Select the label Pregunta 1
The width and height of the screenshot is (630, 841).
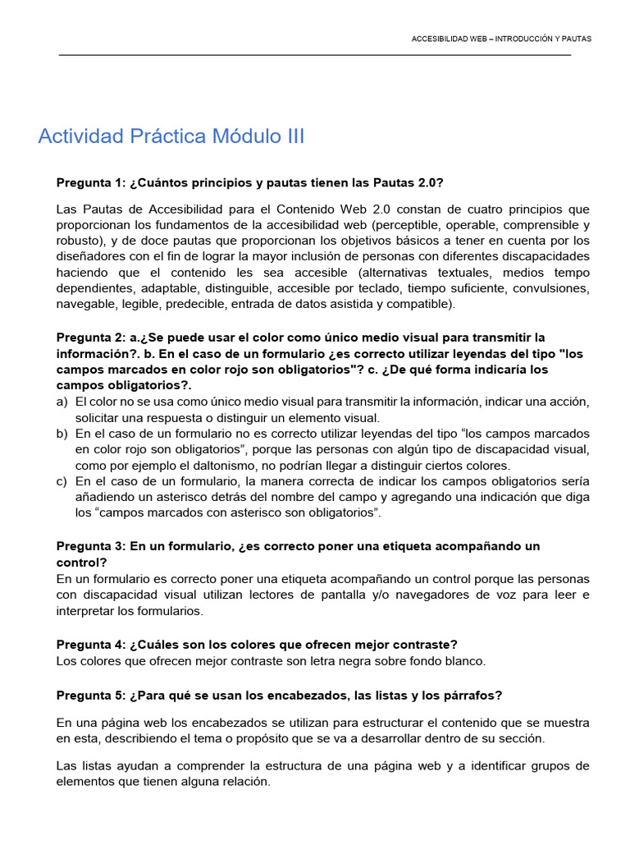pyautogui.click(x=89, y=182)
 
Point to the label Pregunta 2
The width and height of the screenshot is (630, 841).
pyautogui.click(x=89, y=338)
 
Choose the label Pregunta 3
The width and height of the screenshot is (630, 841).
pyautogui.click(x=89, y=546)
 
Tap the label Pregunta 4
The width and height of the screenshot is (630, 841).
pyautogui.click(x=89, y=644)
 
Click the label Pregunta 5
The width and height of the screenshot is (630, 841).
pyautogui.click(x=89, y=695)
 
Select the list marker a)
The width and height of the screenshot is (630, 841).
pyautogui.click(x=62, y=402)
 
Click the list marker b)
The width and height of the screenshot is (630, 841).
pyautogui.click(x=62, y=433)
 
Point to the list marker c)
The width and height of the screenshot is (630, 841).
pyautogui.click(x=62, y=481)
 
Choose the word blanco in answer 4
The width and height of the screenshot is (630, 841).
pyautogui.click(x=463, y=660)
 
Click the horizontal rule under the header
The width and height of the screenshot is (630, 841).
pyautogui.click(x=314, y=55)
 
